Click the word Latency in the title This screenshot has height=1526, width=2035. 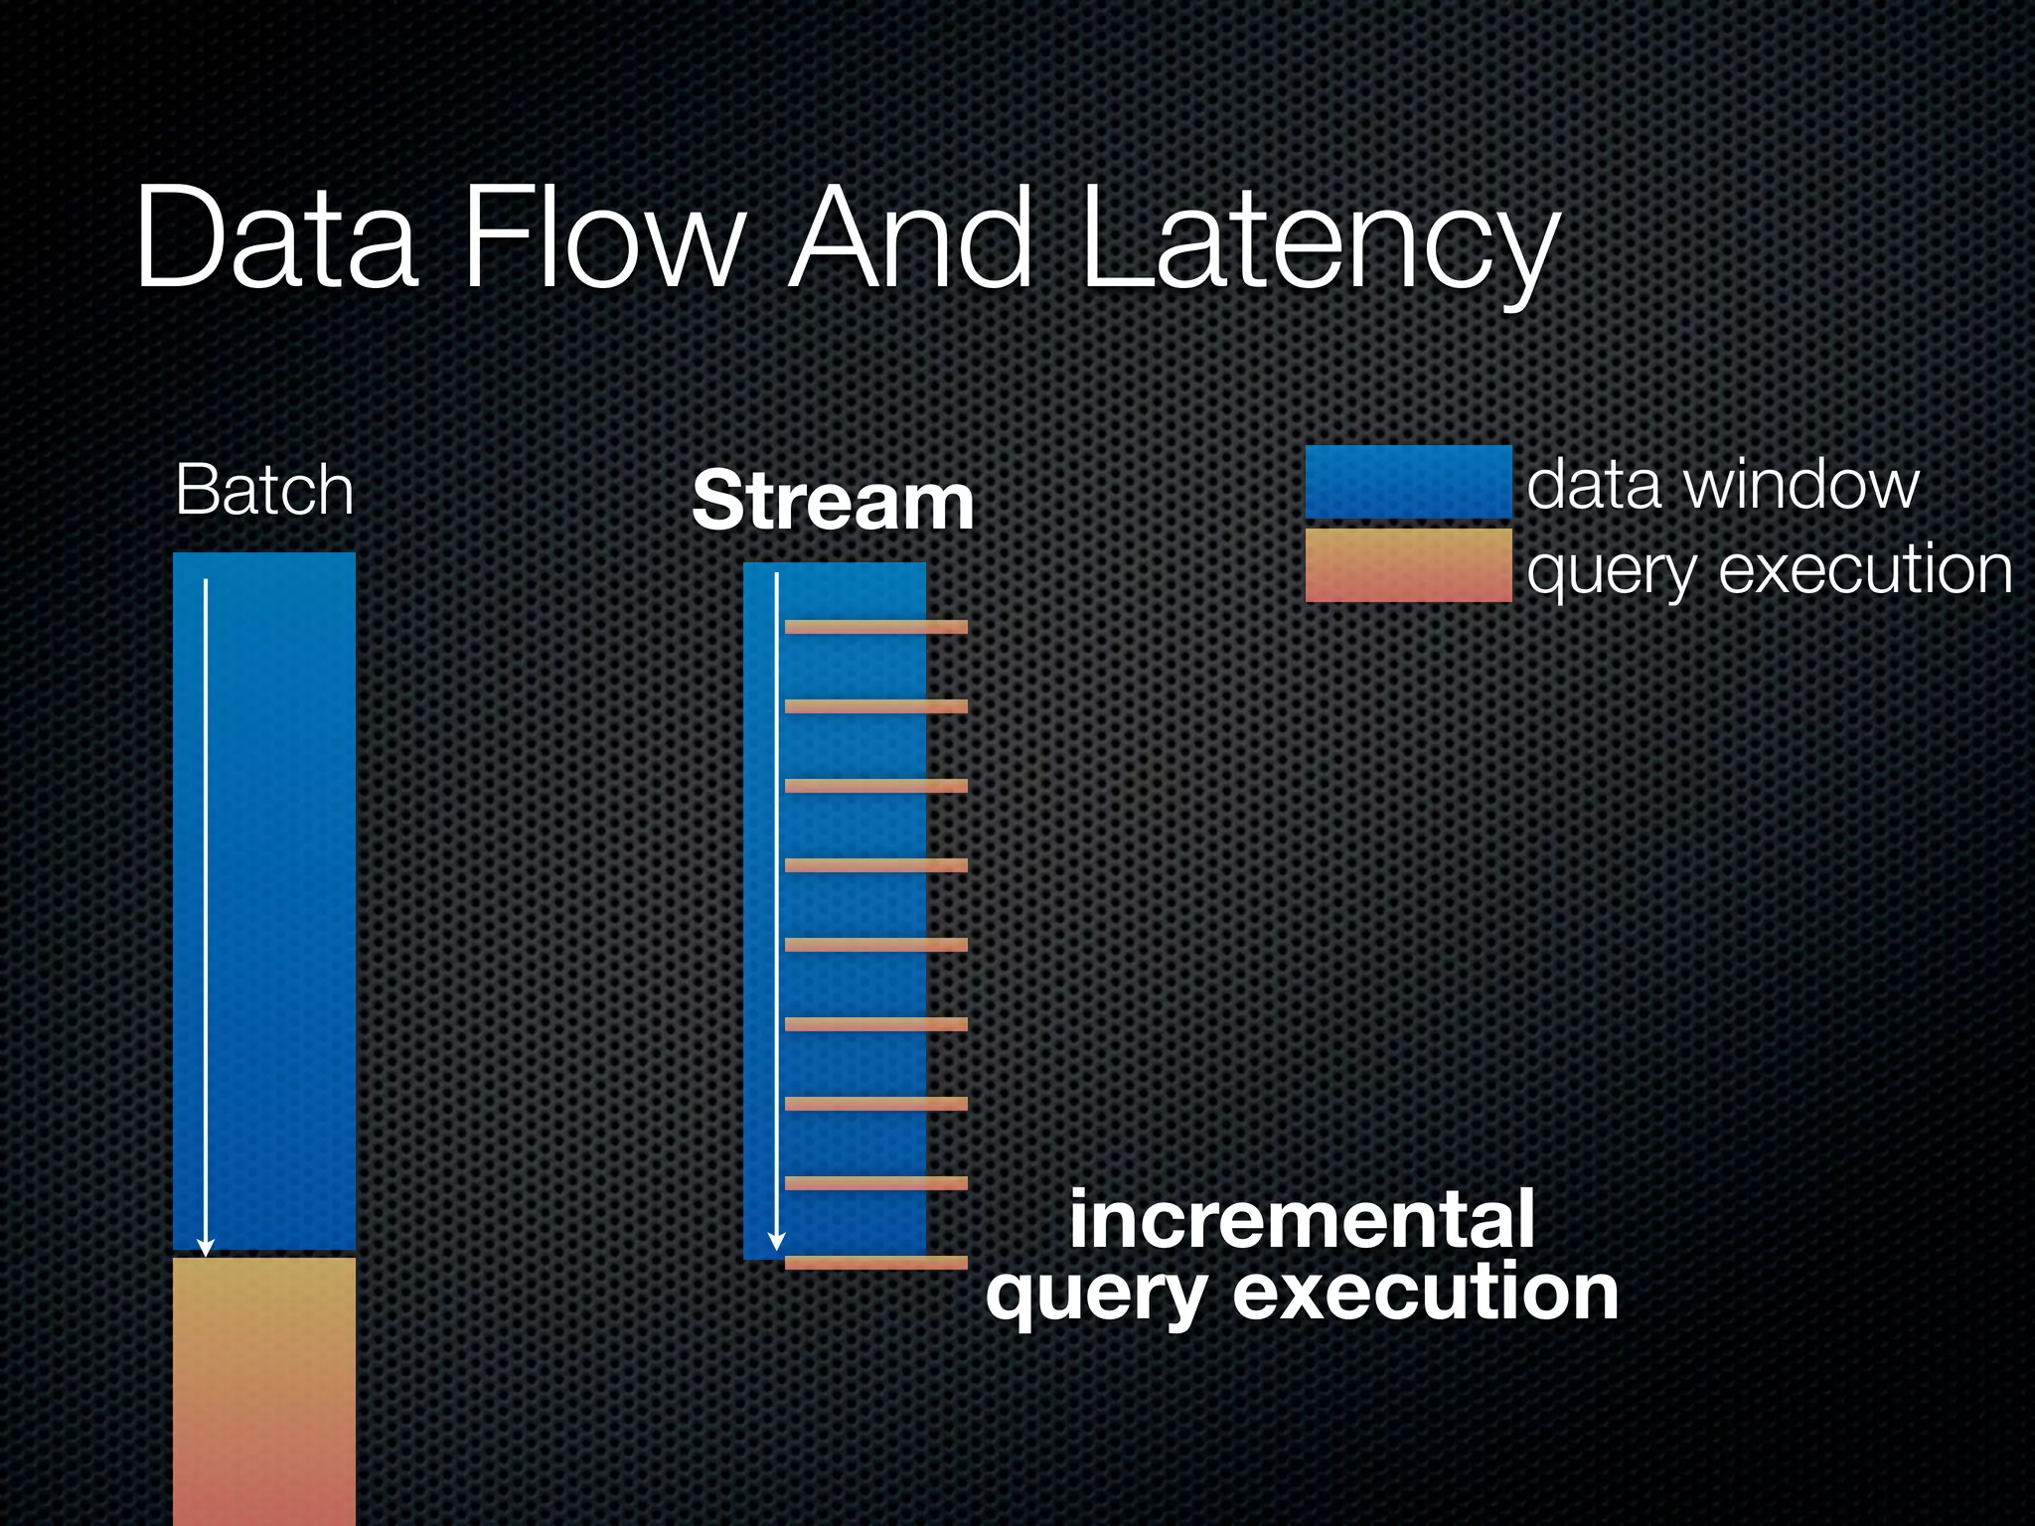pyautogui.click(x=1320, y=240)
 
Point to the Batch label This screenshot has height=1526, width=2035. pyautogui.click(x=264, y=490)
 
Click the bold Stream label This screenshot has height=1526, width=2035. pyautogui.click(x=833, y=502)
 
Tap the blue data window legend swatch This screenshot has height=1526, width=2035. pyautogui.click(x=1408, y=483)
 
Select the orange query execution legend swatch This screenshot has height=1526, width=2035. pyautogui.click(x=1408, y=565)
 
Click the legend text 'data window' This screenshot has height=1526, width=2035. pyautogui.click(x=1722, y=485)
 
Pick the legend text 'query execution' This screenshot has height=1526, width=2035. pyautogui.click(x=1769, y=570)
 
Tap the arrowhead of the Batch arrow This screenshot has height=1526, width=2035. pyautogui.click(x=206, y=1248)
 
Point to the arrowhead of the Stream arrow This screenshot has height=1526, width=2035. pyautogui.click(x=777, y=1242)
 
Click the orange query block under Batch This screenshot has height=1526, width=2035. pyautogui.click(x=264, y=1391)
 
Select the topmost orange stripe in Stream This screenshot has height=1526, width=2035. pyautogui.click(x=875, y=627)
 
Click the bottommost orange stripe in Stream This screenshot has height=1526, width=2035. pyautogui.click(x=875, y=1263)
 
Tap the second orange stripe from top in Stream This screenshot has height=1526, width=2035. pyautogui.click(x=875, y=706)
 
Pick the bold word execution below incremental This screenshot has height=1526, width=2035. pyautogui.click(x=1425, y=1294)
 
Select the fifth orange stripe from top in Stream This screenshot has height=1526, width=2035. pyautogui.click(x=875, y=945)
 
